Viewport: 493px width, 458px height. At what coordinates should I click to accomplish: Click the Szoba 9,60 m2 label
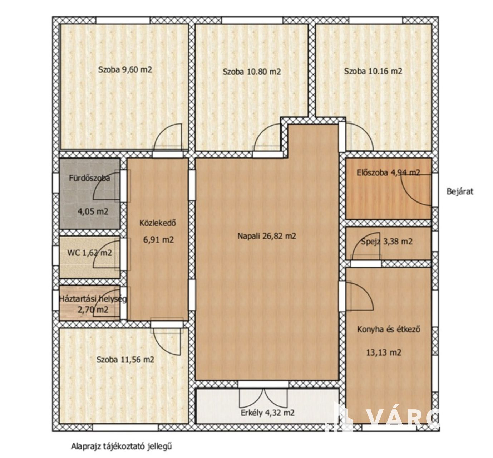[x=125, y=69]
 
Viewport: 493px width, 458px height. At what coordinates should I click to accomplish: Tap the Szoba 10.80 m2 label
[x=252, y=72]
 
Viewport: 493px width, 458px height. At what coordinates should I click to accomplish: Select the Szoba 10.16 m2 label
[x=373, y=71]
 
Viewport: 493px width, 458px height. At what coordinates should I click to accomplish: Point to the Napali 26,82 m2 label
[x=267, y=236]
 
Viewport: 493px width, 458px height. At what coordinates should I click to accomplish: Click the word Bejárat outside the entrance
[x=460, y=191]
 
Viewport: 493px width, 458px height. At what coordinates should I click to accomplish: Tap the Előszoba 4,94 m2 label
[x=389, y=172]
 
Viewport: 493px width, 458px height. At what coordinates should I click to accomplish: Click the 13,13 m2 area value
[x=384, y=353]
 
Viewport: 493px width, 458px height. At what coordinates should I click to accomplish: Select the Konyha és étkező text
[x=389, y=330]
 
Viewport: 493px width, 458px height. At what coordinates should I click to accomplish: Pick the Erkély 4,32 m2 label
[x=268, y=413]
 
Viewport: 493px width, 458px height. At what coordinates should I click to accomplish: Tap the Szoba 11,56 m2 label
[x=125, y=360]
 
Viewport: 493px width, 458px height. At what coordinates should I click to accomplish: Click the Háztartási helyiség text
[x=93, y=299]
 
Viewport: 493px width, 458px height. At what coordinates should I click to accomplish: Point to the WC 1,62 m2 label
[x=89, y=253]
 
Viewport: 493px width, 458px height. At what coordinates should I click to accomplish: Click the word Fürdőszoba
[x=89, y=178]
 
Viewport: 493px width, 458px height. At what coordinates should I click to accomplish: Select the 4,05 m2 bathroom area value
[x=93, y=212]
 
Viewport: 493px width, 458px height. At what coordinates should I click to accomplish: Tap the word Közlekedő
[x=158, y=223]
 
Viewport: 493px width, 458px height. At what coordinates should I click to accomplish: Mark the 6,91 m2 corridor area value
[x=158, y=240]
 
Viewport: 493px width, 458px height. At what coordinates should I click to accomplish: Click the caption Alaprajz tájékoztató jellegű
[x=122, y=447]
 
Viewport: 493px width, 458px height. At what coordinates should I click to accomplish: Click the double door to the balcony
[x=263, y=397]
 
